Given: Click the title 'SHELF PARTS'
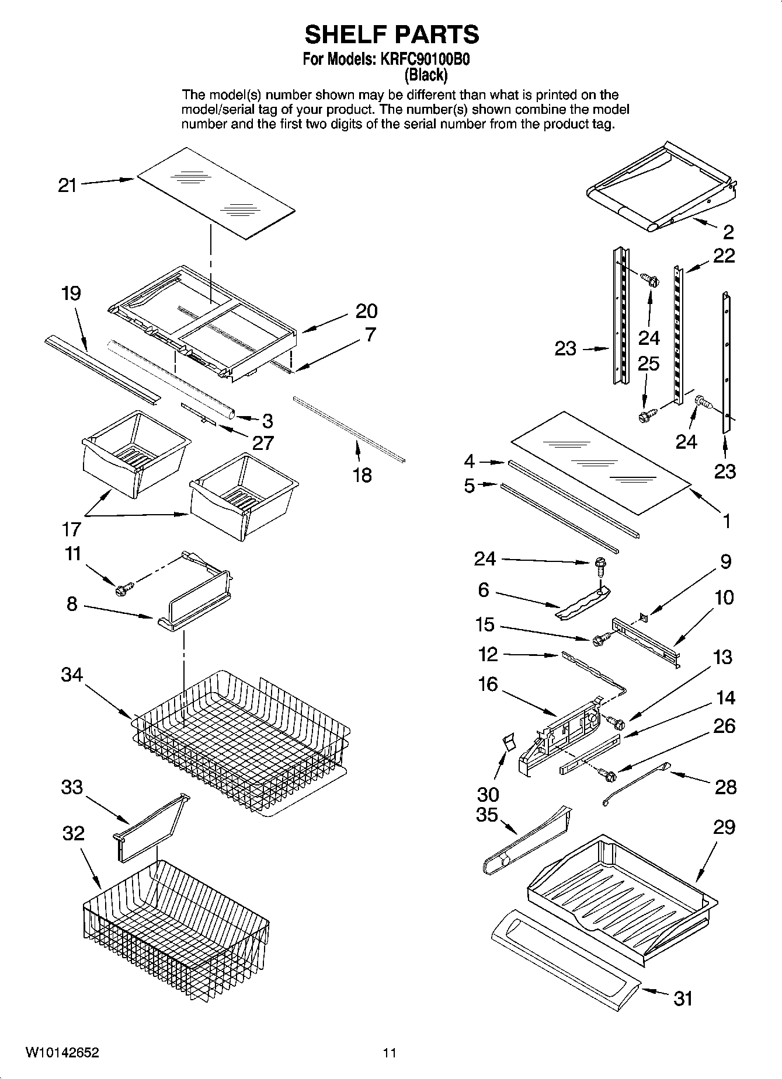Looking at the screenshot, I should pyautogui.click(x=391, y=34).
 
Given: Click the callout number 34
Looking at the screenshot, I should pyautogui.click(x=72, y=675).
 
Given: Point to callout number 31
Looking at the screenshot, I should pyautogui.click(x=683, y=998).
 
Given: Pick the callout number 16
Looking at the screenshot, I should pyautogui.click(x=488, y=683).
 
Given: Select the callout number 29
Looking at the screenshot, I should pyautogui.click(x=724, y=827).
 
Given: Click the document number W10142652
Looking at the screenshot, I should pyautogui.click(x=62, y=1053).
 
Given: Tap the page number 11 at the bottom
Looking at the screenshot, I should pyautogui.click(x=390, y=1053).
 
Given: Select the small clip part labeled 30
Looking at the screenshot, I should pyautogui.click(x=509, y=742).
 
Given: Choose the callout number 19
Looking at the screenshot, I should pyautogui.click(x=71, y=293).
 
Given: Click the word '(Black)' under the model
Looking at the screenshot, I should pyautogui.click(x=426, y=75).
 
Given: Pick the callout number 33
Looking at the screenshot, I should pyautogui.click(x=72, y=787).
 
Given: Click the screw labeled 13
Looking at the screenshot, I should pyautogui.click(x=617, y=724).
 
